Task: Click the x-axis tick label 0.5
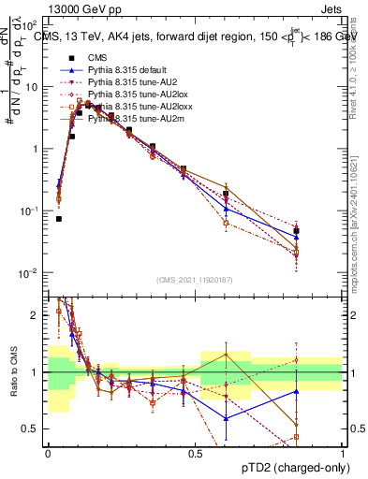point(195,452)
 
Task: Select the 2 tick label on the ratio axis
point(37,315)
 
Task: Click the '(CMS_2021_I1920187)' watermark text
point(194,280)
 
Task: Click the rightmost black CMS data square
point(296,230)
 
